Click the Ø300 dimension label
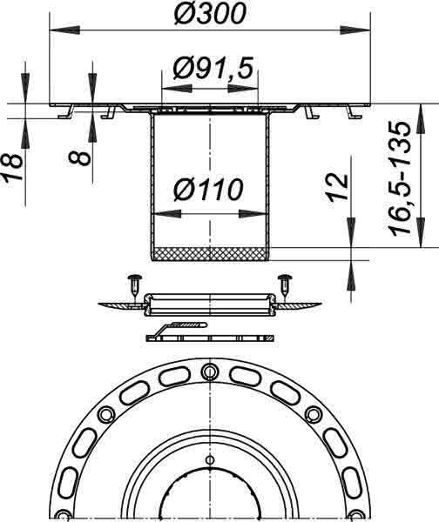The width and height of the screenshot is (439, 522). (x=210, y=14)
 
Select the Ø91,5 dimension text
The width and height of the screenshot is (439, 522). (x=213, y=69)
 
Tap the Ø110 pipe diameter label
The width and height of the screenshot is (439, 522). (x=208, y=190)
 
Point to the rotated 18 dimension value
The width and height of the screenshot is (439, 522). (x=13, y=167)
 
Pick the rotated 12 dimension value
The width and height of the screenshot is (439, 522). (x=337, y=187)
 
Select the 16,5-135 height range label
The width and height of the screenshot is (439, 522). (x=399, y=178)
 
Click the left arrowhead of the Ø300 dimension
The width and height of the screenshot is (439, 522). (x=64, y=30)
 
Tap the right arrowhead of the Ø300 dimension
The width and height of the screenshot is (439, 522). (x=355, y=30)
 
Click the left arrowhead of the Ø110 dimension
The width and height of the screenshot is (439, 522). (x=166, y=214)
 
